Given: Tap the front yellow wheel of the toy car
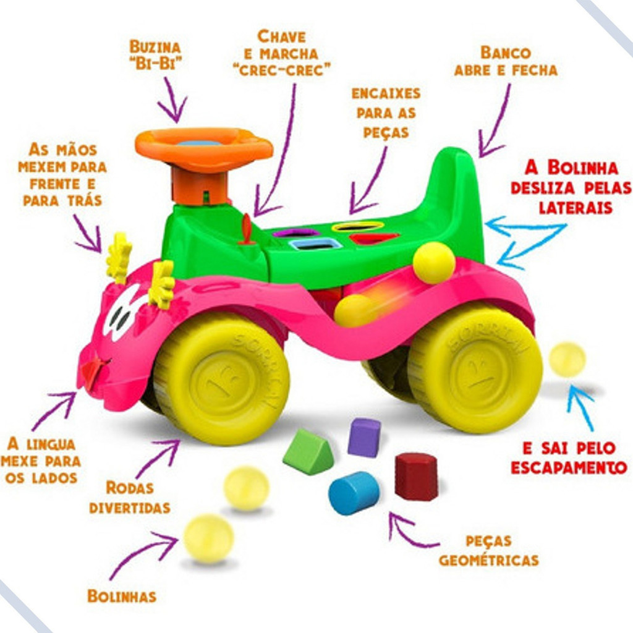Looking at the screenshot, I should tap(221, 379).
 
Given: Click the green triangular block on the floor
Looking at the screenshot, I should tap(307, 452).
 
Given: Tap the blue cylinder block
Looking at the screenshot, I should tap(354, 493).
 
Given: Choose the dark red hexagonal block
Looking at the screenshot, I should tap(416, 476).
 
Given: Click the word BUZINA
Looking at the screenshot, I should tap(155, 47).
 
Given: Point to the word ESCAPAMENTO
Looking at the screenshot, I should tap(569, 467).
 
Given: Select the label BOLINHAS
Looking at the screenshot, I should tap(121, 597).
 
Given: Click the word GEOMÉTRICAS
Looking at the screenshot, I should tap(488, 561).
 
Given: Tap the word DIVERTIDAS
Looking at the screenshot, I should tap(129, 508).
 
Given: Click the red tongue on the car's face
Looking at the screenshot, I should tap(92, 373).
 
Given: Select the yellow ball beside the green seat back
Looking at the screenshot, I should tap(434, 262).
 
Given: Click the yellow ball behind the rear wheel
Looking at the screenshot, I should tap(567, 359).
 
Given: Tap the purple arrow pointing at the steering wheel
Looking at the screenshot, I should tap(171, 101).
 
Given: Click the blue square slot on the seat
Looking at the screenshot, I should tap(315, 244).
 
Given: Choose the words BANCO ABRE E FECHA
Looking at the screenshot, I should tap(506, 61).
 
